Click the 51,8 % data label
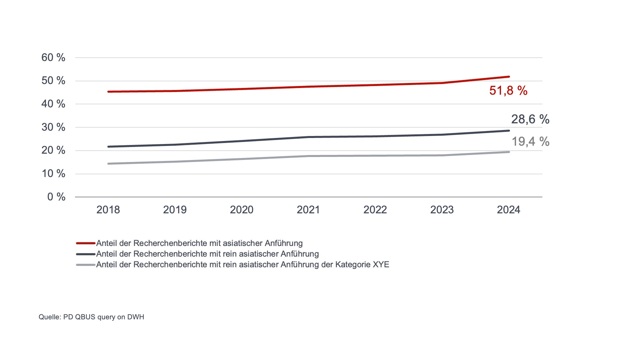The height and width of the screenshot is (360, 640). click(x=508, y=91)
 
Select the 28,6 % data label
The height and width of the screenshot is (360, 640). click(x=530, y=119)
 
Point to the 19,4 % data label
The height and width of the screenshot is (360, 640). click(x=530, y=142)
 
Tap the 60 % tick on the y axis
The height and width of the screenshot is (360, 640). click(x=53, y=58)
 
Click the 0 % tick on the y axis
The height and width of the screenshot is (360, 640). click(x=56, y=197)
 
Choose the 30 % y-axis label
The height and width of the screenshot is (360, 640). click(x=53, y=127)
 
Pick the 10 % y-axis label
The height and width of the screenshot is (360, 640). click(x=53, y=173)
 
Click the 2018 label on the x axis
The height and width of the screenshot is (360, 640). click(x=108, y=210)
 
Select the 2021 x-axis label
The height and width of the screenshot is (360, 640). click(x=308, y=210)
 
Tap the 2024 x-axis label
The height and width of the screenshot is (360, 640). click(x=508, y=210)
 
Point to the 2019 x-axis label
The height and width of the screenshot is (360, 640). click(x=175, y=210)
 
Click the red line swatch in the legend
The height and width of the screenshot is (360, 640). click(x=86, y=243)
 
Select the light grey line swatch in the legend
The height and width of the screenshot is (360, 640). click(x=86, y=265)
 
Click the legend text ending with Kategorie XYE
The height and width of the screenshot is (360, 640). click(x=243, y=265)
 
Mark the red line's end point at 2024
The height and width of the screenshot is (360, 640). click(x=509, y=77)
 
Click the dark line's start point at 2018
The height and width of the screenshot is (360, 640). click(x=108, y=147)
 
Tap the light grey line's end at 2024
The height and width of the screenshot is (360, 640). click(x=509, y=152)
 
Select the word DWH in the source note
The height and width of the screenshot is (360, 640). click(x=136, y=317)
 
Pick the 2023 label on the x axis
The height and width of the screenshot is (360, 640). click(x=442, y=210)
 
